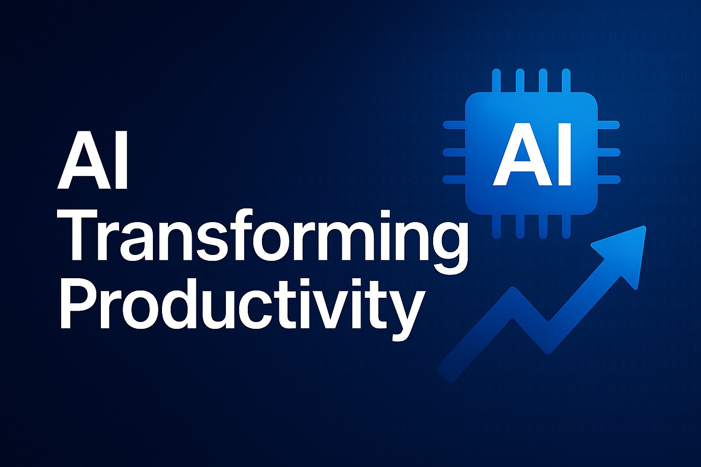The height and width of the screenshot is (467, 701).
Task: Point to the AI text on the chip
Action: [x=532, y=155]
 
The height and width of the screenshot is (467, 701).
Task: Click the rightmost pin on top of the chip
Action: [x=566, y=81]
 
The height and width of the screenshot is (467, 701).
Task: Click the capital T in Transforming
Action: [x=85, y=237]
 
